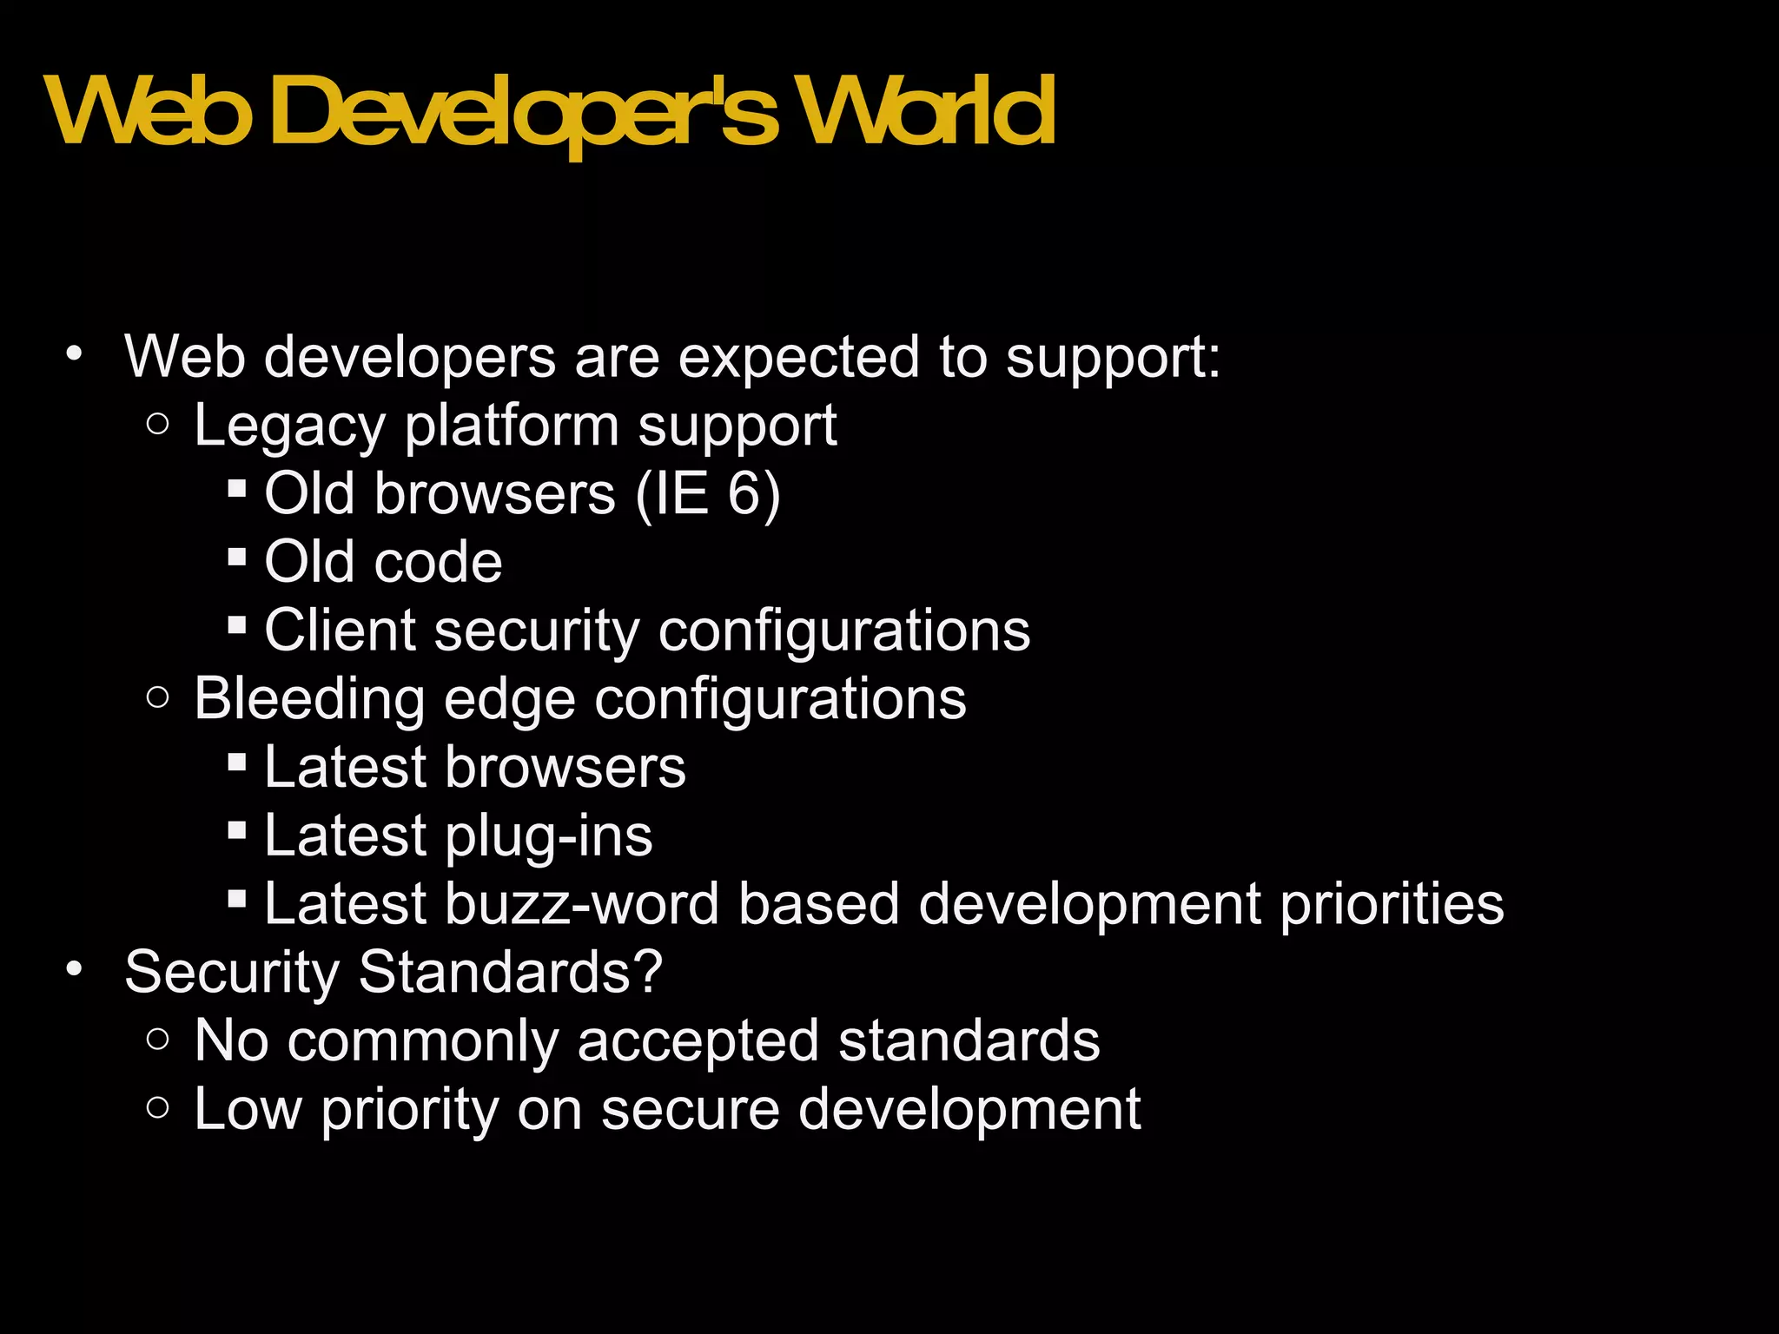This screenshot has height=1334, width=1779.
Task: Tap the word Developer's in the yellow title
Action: tap(525, 113)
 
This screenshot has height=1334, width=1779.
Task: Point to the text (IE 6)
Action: tap(708, 494)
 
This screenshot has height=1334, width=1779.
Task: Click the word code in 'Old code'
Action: tap(438, 562)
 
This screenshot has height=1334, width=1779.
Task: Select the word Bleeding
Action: tap(309, 699)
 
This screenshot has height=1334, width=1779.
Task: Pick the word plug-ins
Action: tap(548, 837)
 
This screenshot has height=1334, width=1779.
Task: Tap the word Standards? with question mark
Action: tap(511, 972)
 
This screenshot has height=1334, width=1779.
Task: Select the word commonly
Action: tap(423, 1042)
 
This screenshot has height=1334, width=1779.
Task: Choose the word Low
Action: tap(248, 1109)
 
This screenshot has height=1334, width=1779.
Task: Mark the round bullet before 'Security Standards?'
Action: tap(75, 969)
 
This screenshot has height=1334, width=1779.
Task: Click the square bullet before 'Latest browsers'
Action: tap(236, 763)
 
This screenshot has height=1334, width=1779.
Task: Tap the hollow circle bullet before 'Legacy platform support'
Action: tap(157, 425)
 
